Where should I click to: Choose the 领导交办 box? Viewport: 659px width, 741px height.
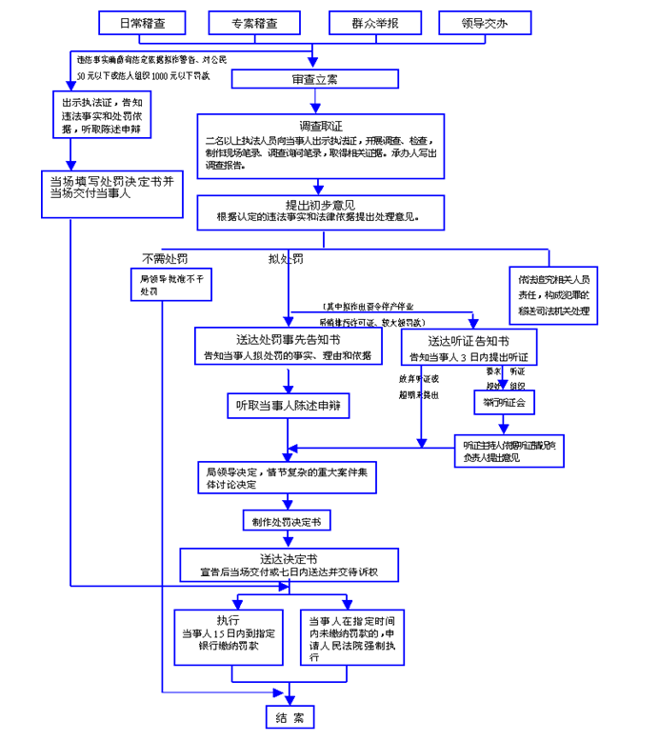coord(483,22)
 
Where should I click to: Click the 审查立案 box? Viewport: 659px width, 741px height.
coord(315,79)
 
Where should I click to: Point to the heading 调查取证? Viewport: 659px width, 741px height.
coord(321,127)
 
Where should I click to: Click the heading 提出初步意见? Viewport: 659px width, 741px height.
coord(322,205)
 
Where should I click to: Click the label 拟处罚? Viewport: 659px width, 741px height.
coord(286,260)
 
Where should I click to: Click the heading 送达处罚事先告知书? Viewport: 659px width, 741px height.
coord(289,339)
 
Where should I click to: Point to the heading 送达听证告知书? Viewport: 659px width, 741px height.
coord(469,340)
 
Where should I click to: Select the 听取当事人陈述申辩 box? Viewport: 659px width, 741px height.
coord(289,407)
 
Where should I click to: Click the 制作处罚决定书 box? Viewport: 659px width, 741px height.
coord(285,521)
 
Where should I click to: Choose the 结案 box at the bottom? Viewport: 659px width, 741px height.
coord(289,718)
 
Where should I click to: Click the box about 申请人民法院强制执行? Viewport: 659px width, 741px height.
coord(352,635)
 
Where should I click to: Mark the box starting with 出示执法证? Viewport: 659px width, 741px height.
coord(100,114)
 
